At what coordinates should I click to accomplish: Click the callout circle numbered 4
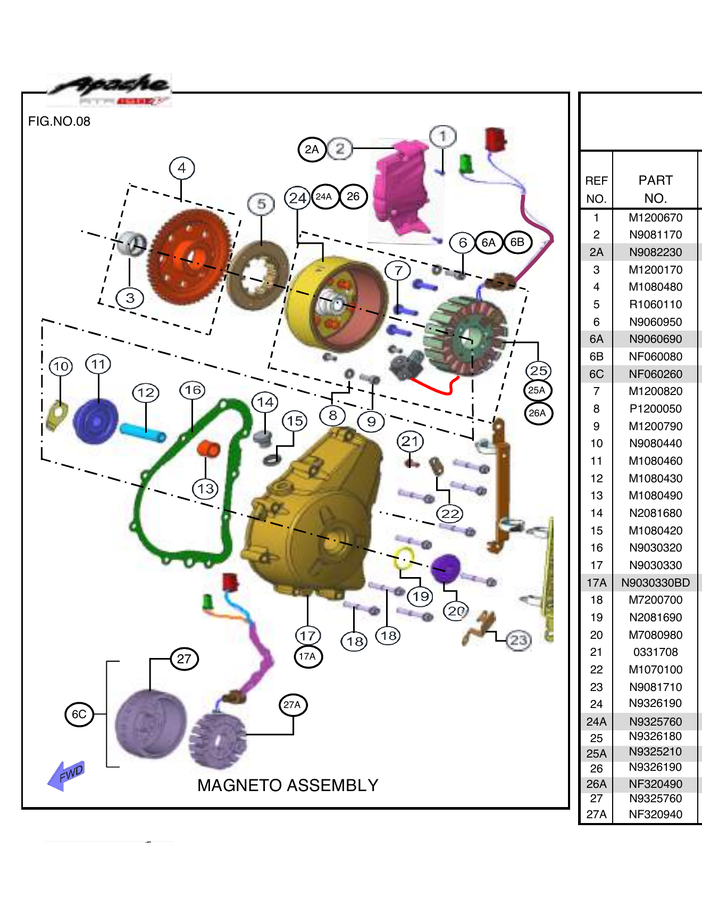coord(182,168)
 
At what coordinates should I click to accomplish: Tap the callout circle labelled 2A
coord(312,150)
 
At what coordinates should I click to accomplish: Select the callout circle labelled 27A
coord(292,705)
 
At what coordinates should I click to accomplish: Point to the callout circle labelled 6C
coord(79,714)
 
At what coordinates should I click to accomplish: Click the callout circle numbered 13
coord(206,489)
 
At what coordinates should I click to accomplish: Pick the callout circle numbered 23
coord(519,640)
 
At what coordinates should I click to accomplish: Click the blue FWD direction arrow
coord(66,775)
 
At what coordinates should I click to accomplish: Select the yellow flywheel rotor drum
coord(335,303)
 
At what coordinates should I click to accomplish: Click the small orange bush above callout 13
coord(208,448)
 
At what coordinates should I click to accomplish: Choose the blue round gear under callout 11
coord(96,421)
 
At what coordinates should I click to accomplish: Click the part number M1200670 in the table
coord(655,217)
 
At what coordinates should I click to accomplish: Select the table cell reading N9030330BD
coord(655,583)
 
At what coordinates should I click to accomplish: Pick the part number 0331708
coord(655,652)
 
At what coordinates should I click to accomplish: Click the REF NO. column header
coord(596,189)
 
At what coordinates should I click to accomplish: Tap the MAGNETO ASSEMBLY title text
coord(288,785)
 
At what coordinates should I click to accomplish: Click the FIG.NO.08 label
coord(59,121)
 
